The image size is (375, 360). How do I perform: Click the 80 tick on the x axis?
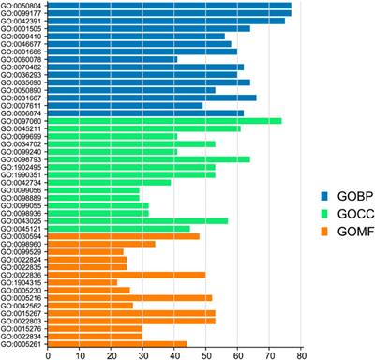[301, 354]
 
